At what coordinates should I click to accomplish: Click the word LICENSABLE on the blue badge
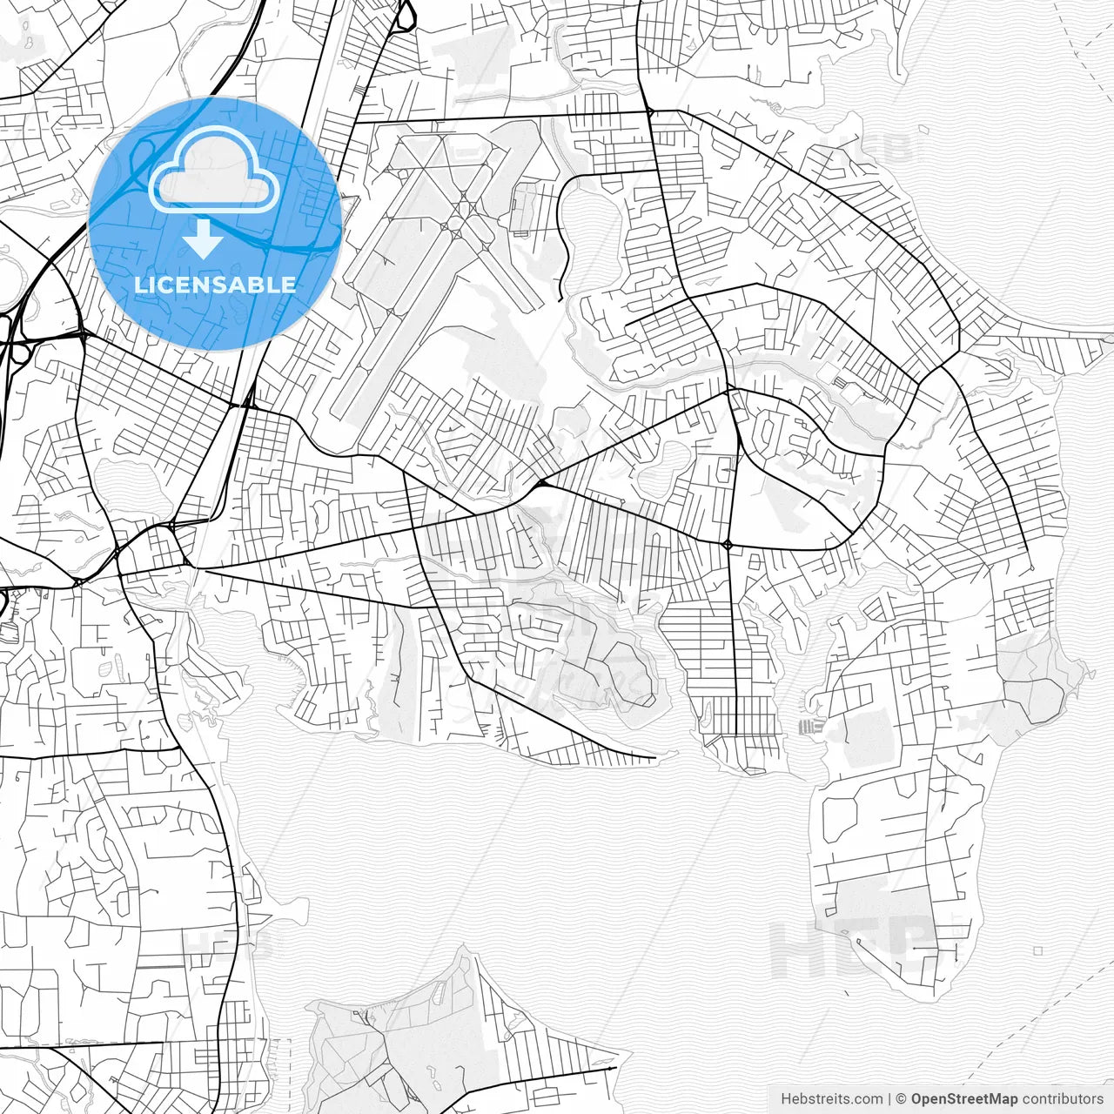click(214, 285)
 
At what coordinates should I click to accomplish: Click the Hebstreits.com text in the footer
click(832, 1099)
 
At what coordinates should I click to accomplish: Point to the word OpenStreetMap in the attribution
click(964, 1099)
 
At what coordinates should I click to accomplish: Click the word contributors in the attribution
click(1063, 1099)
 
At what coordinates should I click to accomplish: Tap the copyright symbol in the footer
click(902, 1099)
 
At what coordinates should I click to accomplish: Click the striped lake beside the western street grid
click(126, 487)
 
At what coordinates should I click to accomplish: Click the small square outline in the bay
click(1037, 951)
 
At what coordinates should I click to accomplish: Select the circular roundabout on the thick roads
click(728, 545)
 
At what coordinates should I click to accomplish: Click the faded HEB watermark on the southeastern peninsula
click(857, 944)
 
